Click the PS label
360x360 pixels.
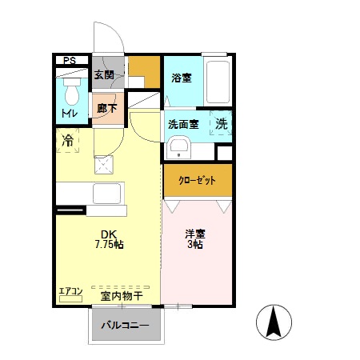click(x=70, y=59)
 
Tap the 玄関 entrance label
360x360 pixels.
click(x=104, y=76)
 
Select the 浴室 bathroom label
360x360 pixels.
click(x=182, y=78)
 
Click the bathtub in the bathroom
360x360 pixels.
click(x=216, y=80)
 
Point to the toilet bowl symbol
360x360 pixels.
click(x=71, y=94)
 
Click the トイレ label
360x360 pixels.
click(x=70, y=116)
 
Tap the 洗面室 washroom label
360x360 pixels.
click(x=183, y=125)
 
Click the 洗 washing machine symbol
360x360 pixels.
click(x=221, y=125)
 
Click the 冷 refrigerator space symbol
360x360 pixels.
click(x=70, y=142)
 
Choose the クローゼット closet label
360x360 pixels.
click(x=196, y=181)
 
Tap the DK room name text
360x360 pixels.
click(x=109, y=234)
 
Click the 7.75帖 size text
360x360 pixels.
click(x=109, y=244)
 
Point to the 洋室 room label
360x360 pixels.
click(x=196, y=234)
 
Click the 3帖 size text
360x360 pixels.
click(x=196, y=245)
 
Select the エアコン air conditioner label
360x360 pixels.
click(x=70, y=290)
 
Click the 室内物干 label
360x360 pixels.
click(x=122, y=295)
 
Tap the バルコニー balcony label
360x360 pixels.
click(x=125, y=326)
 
